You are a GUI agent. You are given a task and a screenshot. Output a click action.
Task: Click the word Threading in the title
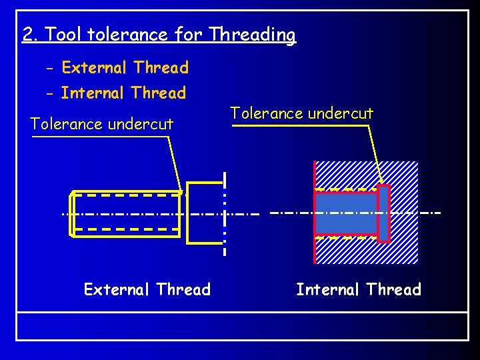(252, 34)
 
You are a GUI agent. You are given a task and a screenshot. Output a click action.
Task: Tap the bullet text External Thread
(125, 67)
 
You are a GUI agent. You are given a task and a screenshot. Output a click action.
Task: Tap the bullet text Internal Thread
(123, 93)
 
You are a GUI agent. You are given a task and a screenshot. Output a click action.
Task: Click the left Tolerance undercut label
(102, 124)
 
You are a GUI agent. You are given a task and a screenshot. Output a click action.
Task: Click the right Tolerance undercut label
(301, 113)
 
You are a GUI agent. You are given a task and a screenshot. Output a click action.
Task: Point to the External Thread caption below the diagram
(147, 289)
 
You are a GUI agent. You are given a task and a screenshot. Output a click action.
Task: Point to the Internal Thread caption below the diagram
(359, 289)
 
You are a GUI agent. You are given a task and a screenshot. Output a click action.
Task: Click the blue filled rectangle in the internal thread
(346, 213)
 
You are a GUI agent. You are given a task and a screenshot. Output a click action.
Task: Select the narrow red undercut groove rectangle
(383, 213)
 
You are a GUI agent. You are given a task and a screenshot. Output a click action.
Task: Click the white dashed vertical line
(225, 213)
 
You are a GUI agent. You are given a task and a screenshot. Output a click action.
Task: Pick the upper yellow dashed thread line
(127, 196)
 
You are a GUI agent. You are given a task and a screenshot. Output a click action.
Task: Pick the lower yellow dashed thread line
(127, 229)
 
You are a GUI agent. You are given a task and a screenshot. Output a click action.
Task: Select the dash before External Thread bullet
(51, 68)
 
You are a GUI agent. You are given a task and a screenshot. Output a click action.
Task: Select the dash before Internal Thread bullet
(51, 93)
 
